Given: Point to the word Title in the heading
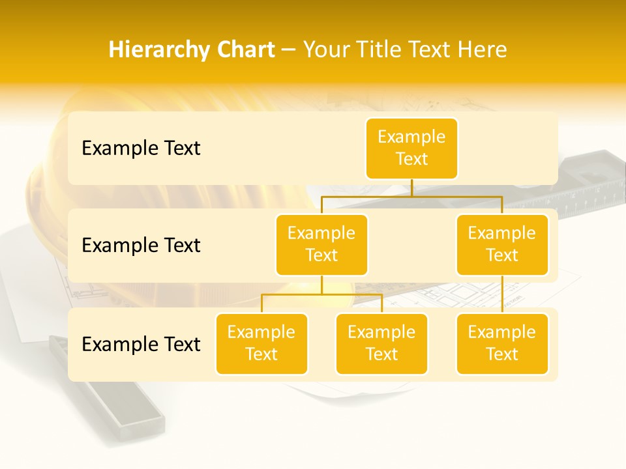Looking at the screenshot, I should click(387, 50).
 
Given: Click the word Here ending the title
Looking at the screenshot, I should click(483, 50).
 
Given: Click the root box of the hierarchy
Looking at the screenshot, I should click(411, 149).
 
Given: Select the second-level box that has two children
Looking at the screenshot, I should click(321, 244).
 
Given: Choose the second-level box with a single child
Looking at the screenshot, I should click(502, 244).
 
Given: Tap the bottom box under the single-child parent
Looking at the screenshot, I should click(502, 343).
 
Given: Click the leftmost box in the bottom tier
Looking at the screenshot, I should click(261, 343).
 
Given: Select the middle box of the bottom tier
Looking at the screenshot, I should click(381, 343).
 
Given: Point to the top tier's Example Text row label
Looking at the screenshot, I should click(141, 149).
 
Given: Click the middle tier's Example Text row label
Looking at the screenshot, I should click(141, 246).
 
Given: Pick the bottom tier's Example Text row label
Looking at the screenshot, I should click(141, 345).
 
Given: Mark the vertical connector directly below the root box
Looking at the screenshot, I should click(411, 188).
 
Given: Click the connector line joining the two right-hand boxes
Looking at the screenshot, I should click(502, 294).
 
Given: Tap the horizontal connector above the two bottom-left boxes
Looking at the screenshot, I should click(321, 294).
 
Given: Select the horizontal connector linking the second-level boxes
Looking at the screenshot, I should click(411, 196).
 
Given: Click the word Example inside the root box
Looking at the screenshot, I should click(411, 137).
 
